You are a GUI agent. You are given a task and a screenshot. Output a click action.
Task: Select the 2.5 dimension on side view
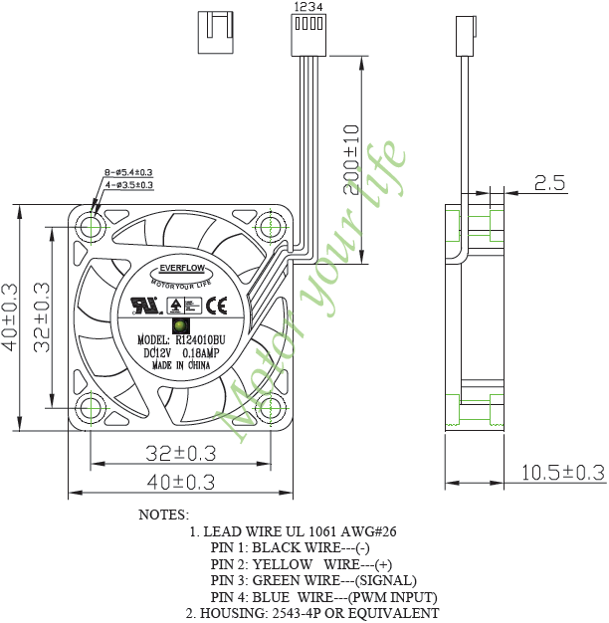click(x=548, y=183)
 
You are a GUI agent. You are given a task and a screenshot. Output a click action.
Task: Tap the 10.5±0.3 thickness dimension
click(x=562, y=473)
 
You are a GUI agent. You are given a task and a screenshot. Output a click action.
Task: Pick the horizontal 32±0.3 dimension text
click(x=180, y=454)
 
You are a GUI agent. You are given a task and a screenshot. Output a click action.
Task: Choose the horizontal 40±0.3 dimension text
click(x=180, y=484)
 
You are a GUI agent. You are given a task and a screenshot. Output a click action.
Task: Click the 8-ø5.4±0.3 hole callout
click(x=128, y=173)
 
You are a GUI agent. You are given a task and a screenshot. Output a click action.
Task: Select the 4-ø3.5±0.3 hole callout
click(x=128, y=185)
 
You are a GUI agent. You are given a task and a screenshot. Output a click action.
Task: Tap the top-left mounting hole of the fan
click(x=93, y=228)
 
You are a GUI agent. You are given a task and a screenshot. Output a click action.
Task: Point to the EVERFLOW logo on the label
click(x=180, y=269)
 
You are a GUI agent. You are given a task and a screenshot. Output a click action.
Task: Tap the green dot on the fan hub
click(x=181, y=325)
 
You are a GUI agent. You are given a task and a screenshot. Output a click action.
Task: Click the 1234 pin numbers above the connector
click(x=307, y=6)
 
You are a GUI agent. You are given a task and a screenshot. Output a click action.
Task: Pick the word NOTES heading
click(x=163, y=515)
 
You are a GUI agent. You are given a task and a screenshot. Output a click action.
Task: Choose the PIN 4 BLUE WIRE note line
click(x=323, y=596)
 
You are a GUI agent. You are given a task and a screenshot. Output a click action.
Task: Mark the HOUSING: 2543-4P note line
click(x=311, y=612)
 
